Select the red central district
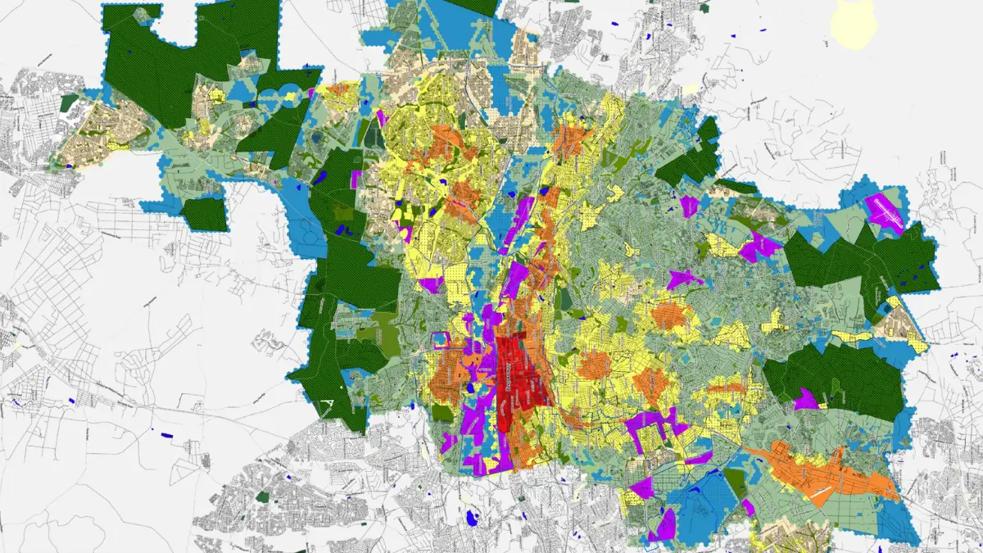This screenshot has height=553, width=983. tap(519, 385)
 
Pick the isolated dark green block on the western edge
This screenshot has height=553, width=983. tap(203, 214)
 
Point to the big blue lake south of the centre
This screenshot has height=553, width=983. tap(471, 518)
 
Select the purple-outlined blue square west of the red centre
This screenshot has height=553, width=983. tap(440, 342)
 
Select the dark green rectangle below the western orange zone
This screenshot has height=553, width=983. tap(442, 412)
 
